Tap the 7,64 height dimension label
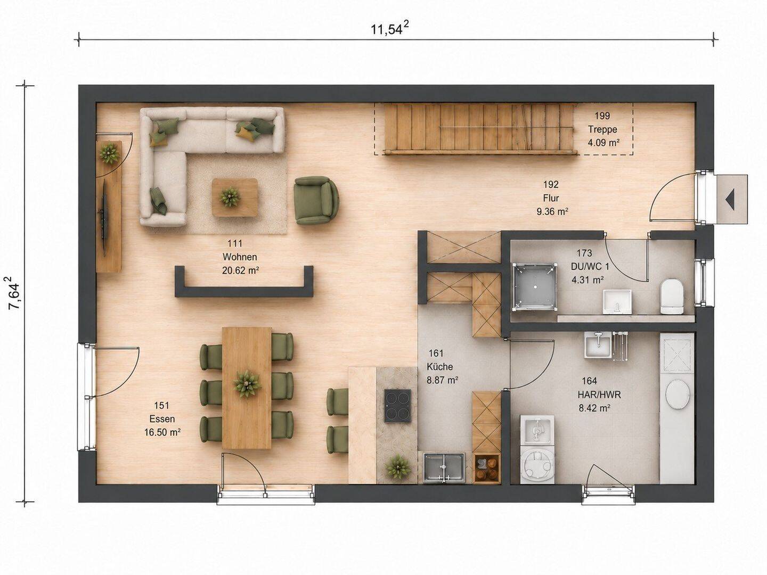pyautogui.click(x=14, y=293)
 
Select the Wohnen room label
pyautogui.click(x=240, y=257)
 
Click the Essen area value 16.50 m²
pyautogui.click(x=162, y=432)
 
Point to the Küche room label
pyautogui.click(x=439, y=367)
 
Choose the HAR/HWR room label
pyautogui.click(x=599, y=395)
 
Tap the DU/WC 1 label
pyautogui.click(x=590, y=267)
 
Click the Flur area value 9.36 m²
pyautogui.click(x=552, y=211)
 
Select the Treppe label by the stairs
pyautogui.click(x=602, y=129)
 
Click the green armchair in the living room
pyautogui.click(x=316, y=200)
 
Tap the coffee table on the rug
pyautogui.click(x=234, y=197)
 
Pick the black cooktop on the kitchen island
pyautogui.click(x=398, y=406)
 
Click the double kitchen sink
pyautogui.click(x=444, y=468)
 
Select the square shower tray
pyautogui.click(x=534, y=286)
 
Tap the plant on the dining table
pyautogui.click(x=247, y=383)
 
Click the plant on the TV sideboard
pyautogui.click(x=109, y=153)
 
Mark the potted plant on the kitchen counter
pyautogui.click(x=398, y=467)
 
